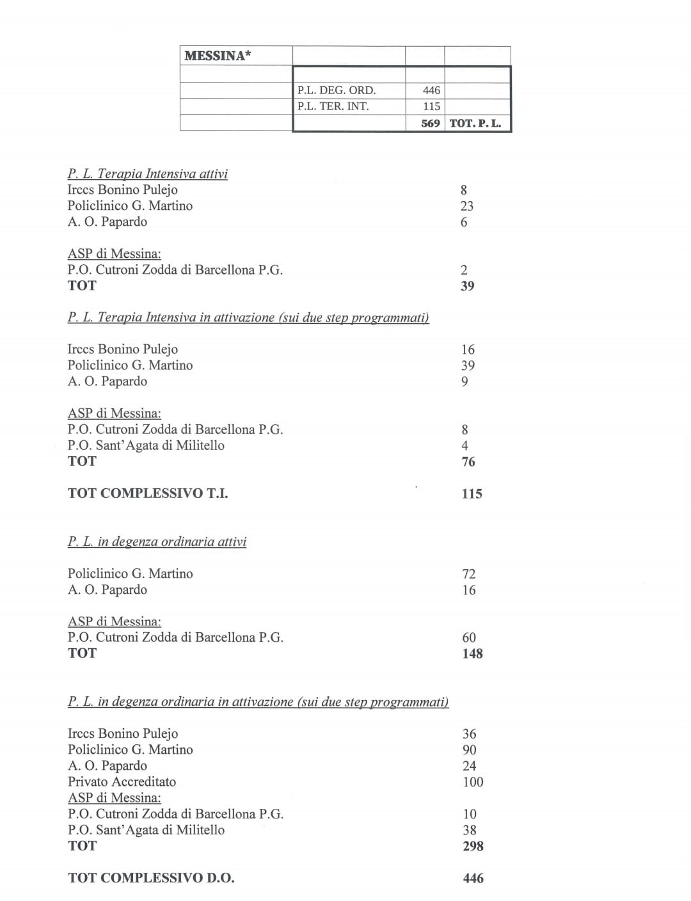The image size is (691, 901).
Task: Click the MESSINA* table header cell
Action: point(218,56)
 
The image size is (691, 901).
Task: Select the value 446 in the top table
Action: point(431,90)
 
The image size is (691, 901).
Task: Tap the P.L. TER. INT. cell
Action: point(333,106)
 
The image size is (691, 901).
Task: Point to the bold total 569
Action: point(431,123)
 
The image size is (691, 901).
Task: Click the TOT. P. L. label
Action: point(475,123)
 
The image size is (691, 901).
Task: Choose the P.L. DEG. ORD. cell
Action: point(337,90)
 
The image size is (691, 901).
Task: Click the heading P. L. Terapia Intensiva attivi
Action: point(148,173)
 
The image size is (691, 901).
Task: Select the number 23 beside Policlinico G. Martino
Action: point(467,206)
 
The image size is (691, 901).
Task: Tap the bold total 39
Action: point(467,286)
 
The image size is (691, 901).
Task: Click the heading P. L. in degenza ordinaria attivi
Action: point(157,541)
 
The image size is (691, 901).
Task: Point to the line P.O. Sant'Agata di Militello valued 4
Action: point(146,445)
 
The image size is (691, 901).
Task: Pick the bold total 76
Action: point(468,461)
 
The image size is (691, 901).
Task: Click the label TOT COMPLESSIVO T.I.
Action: point(148,493)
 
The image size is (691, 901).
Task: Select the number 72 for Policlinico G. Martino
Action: point(468,574)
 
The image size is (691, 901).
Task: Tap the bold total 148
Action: point(472,653)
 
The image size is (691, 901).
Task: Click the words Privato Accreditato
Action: point(122,781)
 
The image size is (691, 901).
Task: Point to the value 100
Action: point(472,782)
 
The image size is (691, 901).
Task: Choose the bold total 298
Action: point(472,846)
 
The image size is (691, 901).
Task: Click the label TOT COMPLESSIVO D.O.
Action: point(151,878)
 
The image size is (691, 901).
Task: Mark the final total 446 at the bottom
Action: point(473,879)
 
